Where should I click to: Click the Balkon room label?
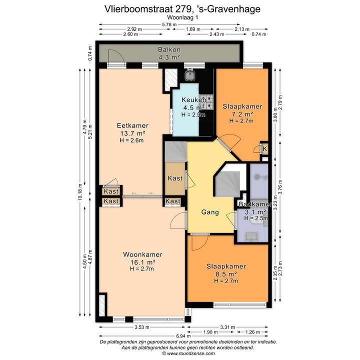point(169,49)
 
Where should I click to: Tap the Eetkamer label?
point(132,125)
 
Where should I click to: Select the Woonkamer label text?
point(143,254)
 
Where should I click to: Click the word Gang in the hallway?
point(210,212)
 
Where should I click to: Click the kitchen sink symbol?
point(190,75)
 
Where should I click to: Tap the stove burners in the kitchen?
point(206,102)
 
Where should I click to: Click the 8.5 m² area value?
point(226,273)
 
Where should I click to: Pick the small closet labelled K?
point(264,149)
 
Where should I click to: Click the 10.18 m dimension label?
point(80,192)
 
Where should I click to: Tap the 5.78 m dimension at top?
point(169,24)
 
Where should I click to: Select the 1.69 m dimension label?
point(193,29)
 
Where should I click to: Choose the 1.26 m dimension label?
point(252,332)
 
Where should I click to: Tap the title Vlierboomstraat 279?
point(147,9)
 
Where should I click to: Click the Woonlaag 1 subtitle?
point(182,17)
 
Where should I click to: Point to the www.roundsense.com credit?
point(188,353)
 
